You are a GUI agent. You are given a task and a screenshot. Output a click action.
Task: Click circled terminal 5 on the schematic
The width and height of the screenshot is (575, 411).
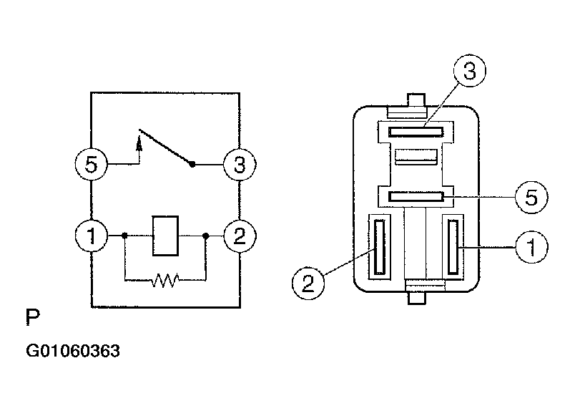point(92,164)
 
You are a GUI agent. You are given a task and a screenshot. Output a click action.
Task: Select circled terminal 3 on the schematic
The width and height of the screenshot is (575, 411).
point(240,164)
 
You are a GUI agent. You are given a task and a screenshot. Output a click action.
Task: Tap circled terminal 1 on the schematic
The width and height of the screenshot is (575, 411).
point(92,236)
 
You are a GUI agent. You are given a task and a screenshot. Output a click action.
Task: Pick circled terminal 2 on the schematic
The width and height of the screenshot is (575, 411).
point(240,236)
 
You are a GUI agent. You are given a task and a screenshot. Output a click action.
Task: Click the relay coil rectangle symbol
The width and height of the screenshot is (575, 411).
point(165,236)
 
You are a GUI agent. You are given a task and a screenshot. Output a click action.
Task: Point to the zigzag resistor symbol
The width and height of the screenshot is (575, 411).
point(166,280)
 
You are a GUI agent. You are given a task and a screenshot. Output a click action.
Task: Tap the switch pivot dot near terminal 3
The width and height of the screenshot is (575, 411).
point(192,164)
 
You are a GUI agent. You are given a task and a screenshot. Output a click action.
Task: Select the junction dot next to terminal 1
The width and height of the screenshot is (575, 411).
point(124,236)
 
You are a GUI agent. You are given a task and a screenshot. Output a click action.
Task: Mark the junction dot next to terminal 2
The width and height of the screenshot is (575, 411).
point(206,236)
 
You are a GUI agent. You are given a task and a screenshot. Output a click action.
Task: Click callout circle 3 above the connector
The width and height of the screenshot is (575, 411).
point(470,70)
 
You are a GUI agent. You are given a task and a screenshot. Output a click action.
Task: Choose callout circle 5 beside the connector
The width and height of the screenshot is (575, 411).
point(531,197)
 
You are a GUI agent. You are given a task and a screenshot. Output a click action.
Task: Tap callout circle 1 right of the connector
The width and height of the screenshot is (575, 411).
point(531,247)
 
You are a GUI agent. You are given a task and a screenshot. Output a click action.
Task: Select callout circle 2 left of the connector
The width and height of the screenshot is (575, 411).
point(308,283)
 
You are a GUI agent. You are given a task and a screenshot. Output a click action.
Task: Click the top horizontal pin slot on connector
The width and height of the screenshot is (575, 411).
point(416,132)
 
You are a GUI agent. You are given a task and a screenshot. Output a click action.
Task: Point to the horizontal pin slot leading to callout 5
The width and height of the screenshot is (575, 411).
point(416,197)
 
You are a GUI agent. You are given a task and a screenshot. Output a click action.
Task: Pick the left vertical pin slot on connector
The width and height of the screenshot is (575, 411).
point(380,247)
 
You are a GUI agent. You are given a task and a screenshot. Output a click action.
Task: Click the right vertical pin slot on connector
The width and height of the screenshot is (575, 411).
point(453,247)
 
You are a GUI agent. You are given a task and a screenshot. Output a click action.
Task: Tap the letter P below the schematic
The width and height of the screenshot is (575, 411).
point(32,317)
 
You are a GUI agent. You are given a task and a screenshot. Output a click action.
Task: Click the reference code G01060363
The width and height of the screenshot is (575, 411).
point(73,351)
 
